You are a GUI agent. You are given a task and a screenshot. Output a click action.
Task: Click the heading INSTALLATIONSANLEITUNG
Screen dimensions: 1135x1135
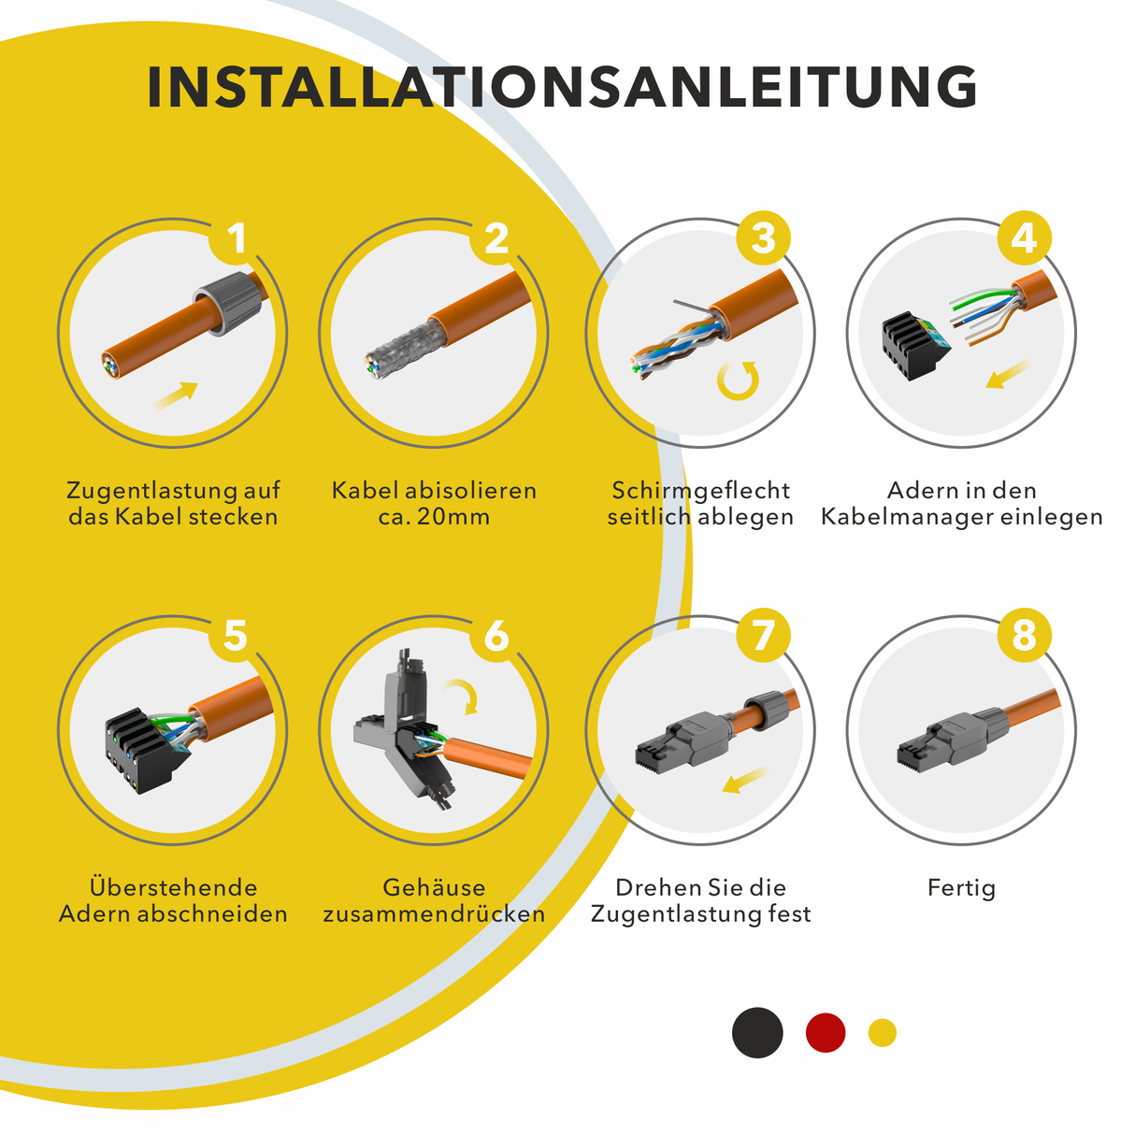562,87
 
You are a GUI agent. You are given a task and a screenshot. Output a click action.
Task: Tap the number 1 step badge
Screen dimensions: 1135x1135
236,238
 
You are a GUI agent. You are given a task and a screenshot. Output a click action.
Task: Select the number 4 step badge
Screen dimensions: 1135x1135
1025,238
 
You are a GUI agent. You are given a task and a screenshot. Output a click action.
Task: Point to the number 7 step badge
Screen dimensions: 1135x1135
763,636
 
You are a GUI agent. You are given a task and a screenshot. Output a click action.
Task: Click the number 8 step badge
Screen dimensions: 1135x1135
1025,636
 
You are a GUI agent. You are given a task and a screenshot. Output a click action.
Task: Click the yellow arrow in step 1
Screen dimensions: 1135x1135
176,395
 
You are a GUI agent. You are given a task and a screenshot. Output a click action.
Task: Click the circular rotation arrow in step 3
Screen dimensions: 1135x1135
738,381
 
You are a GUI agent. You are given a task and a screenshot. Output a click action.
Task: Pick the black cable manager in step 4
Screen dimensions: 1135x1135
914,346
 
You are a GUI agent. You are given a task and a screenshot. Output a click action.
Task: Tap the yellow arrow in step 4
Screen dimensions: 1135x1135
1008,375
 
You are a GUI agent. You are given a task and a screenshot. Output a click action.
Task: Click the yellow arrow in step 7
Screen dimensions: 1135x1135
745,781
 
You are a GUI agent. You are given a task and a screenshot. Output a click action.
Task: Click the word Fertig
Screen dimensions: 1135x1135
961,888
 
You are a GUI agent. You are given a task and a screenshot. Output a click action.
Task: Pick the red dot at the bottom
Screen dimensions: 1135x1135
826,1032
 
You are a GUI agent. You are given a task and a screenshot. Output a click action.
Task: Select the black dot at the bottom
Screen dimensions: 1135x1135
757,1032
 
